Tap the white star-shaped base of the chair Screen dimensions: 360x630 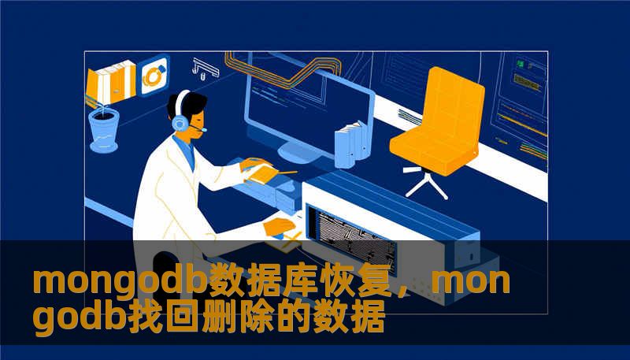click(426, 184)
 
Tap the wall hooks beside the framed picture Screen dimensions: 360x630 click(204, 69)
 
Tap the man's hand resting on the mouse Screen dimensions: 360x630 click(278, 228)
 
